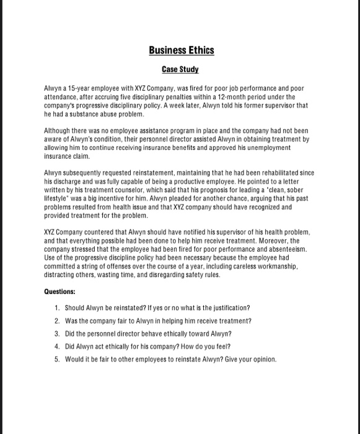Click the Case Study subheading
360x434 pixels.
[x=180, y=70]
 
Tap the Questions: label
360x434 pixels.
[x=59, y=291]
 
